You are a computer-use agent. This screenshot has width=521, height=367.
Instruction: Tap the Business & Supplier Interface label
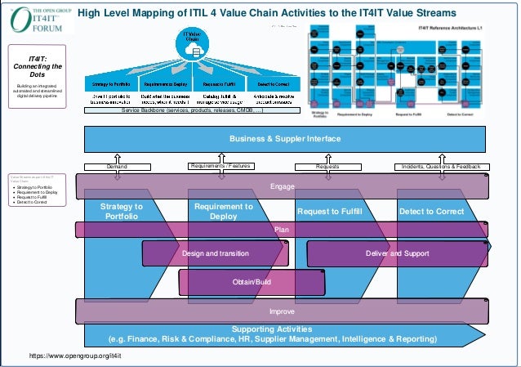285,139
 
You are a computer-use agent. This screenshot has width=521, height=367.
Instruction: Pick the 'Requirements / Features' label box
220,166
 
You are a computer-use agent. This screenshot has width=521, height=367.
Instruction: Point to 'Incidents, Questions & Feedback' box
441,166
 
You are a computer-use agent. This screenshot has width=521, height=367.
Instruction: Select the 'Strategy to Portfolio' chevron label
122,212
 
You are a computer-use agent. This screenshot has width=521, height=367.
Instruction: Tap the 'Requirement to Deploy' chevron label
224,212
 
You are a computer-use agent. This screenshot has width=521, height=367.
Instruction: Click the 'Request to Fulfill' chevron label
335,212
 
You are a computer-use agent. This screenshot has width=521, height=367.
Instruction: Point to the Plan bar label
282,230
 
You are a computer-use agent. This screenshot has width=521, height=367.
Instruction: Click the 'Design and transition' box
216,254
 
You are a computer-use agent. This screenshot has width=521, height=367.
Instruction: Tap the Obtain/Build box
252,282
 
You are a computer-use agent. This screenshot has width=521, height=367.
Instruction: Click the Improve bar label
282,311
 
